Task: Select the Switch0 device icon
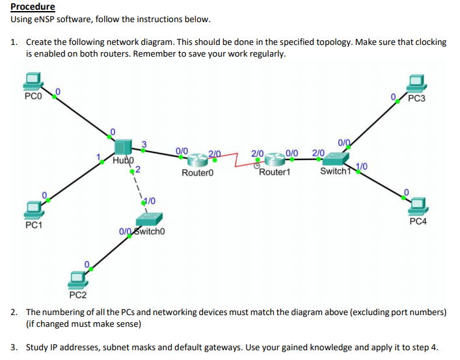155,219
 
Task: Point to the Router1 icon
273,159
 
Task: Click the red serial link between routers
234,159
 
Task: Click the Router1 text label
275,173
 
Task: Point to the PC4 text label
418,221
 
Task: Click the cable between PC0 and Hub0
81,117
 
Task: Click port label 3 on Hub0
144,143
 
